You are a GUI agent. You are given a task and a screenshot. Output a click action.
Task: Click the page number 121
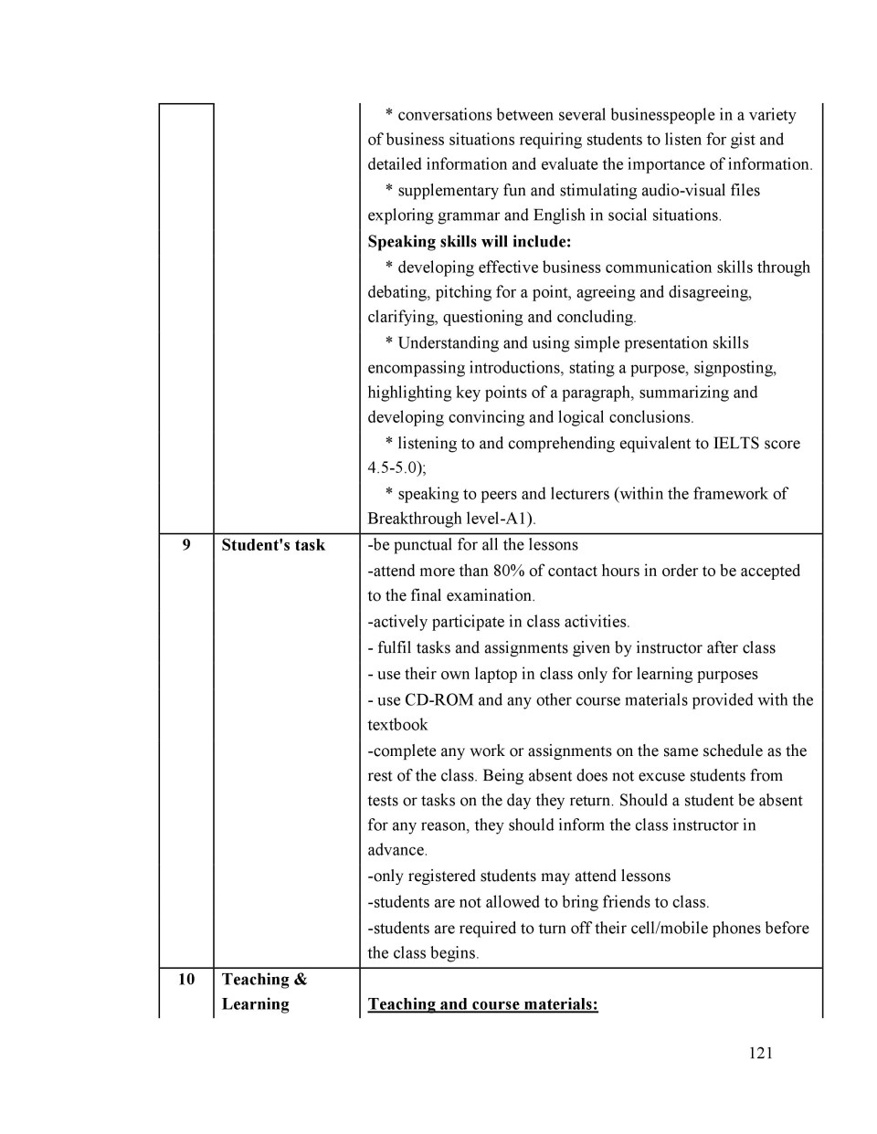pyautogui.click(x=760, y=1053)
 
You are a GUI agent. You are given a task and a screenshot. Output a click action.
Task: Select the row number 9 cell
pyautogui.click(x=186, y=545)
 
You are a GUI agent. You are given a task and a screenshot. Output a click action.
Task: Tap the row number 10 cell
pyautogui.click(x=186, y=979)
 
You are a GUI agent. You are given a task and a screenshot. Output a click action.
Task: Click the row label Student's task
pyautogui.click(x=273, y=545)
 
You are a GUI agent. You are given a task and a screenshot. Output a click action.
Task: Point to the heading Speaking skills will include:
pyautogui.click(x=469, y=242)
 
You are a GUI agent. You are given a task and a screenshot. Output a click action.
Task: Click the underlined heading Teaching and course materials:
pyautogui.click(x=482, y=1004)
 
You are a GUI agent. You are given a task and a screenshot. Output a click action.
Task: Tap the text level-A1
pyautogui.click(x=501, y=519)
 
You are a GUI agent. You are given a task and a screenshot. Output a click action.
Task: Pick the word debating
pyautogui.click(x=398, y=293)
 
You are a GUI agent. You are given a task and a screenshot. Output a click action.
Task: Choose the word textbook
pyautogui.click(x=397, y=725)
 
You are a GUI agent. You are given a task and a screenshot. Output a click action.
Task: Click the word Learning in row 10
pyautogui.click(x=255, y=1004)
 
